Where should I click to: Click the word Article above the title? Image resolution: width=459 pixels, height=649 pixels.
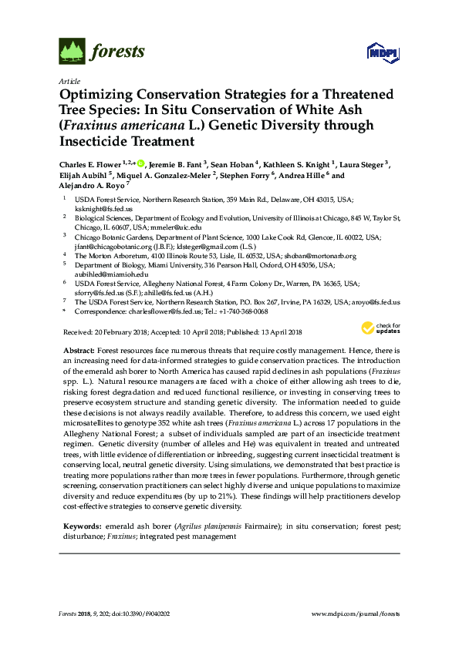[69, 81]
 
